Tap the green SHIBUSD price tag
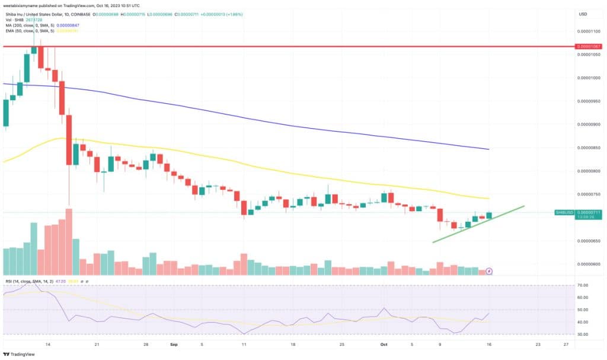(x=564, y=212)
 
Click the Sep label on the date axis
(x=174, y=343)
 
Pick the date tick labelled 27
(x=566, y=343)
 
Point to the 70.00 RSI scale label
(x=583, y=285)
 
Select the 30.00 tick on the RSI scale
(x=583, y=334)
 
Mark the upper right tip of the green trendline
(x=524, y=206)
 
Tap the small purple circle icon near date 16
(x=489, y=271)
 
